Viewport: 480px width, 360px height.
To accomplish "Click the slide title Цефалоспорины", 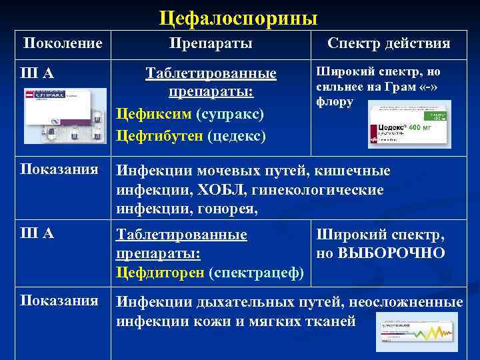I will coord(239,17).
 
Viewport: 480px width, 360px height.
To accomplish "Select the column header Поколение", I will coord(63,44).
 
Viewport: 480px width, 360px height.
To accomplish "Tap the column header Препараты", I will coord(211,44).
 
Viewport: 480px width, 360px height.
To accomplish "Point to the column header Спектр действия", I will coord(389,44).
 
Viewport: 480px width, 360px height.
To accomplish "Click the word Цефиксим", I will coord(154,114).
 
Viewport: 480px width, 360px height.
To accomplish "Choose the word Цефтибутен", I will coord(159,136).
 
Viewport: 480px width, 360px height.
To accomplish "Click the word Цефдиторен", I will coord(160,273).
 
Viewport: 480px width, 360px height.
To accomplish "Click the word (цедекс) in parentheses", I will coord(237,136).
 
